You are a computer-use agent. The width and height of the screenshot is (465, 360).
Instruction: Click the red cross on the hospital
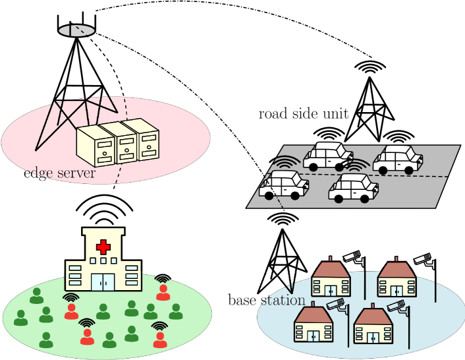click(x=103, y=247)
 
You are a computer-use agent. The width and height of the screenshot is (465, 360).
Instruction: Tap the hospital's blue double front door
click(x=103, y=281)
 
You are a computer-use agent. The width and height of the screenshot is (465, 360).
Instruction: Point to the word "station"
click(x=283, y=301)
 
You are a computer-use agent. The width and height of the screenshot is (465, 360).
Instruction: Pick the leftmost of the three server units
click(x=96, y=146)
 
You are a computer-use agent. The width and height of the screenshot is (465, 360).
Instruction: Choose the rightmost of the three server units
click(x=146, y=140)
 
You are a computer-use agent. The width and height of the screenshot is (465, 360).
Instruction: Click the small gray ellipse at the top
click(x=76, y=30)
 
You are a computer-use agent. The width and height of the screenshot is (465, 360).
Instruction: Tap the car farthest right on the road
click(x=397, y=160)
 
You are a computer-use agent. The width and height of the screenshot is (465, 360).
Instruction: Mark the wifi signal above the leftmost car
click(x=287, y=163)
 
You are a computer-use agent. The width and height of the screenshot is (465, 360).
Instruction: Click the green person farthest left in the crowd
click(x=20, y=318)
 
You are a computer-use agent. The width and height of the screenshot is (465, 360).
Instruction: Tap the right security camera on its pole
click(x=396, y=306)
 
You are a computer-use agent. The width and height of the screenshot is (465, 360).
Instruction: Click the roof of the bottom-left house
click(x=313, y=315)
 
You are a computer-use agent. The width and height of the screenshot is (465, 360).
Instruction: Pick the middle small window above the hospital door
click(x=103, y=261)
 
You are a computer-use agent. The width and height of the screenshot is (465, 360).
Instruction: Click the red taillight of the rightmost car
click(x=420, y=159)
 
